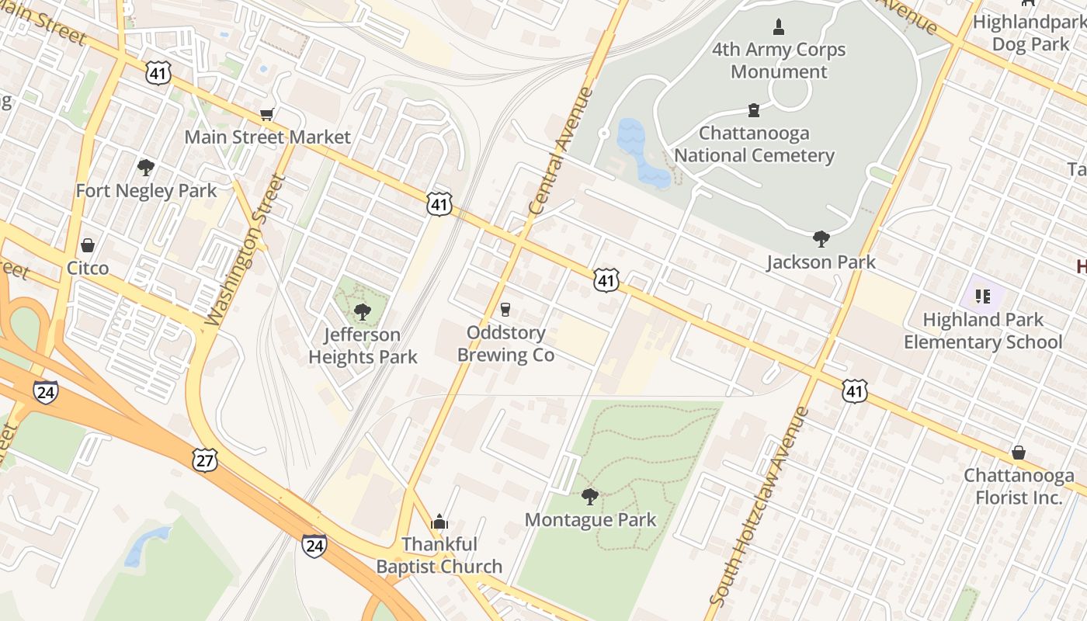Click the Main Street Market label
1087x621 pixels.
(267, 137)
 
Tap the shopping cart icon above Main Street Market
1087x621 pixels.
(266, 115)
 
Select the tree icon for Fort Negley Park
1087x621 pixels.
(145, 167)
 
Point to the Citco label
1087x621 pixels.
(88, 268)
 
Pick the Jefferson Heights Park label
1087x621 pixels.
(363, 346)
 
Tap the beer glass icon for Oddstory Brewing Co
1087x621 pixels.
(505, 310)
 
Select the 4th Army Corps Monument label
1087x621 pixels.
(779, 61)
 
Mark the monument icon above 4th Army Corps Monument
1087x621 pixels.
(779, 28)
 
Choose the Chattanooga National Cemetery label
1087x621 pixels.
(753, 144)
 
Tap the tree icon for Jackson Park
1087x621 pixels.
(821, 238)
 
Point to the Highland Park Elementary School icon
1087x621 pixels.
(983, 296)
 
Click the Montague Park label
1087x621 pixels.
(590, 519)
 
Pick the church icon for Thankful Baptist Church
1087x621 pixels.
(439, 521)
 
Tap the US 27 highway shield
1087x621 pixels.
(206, 460)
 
